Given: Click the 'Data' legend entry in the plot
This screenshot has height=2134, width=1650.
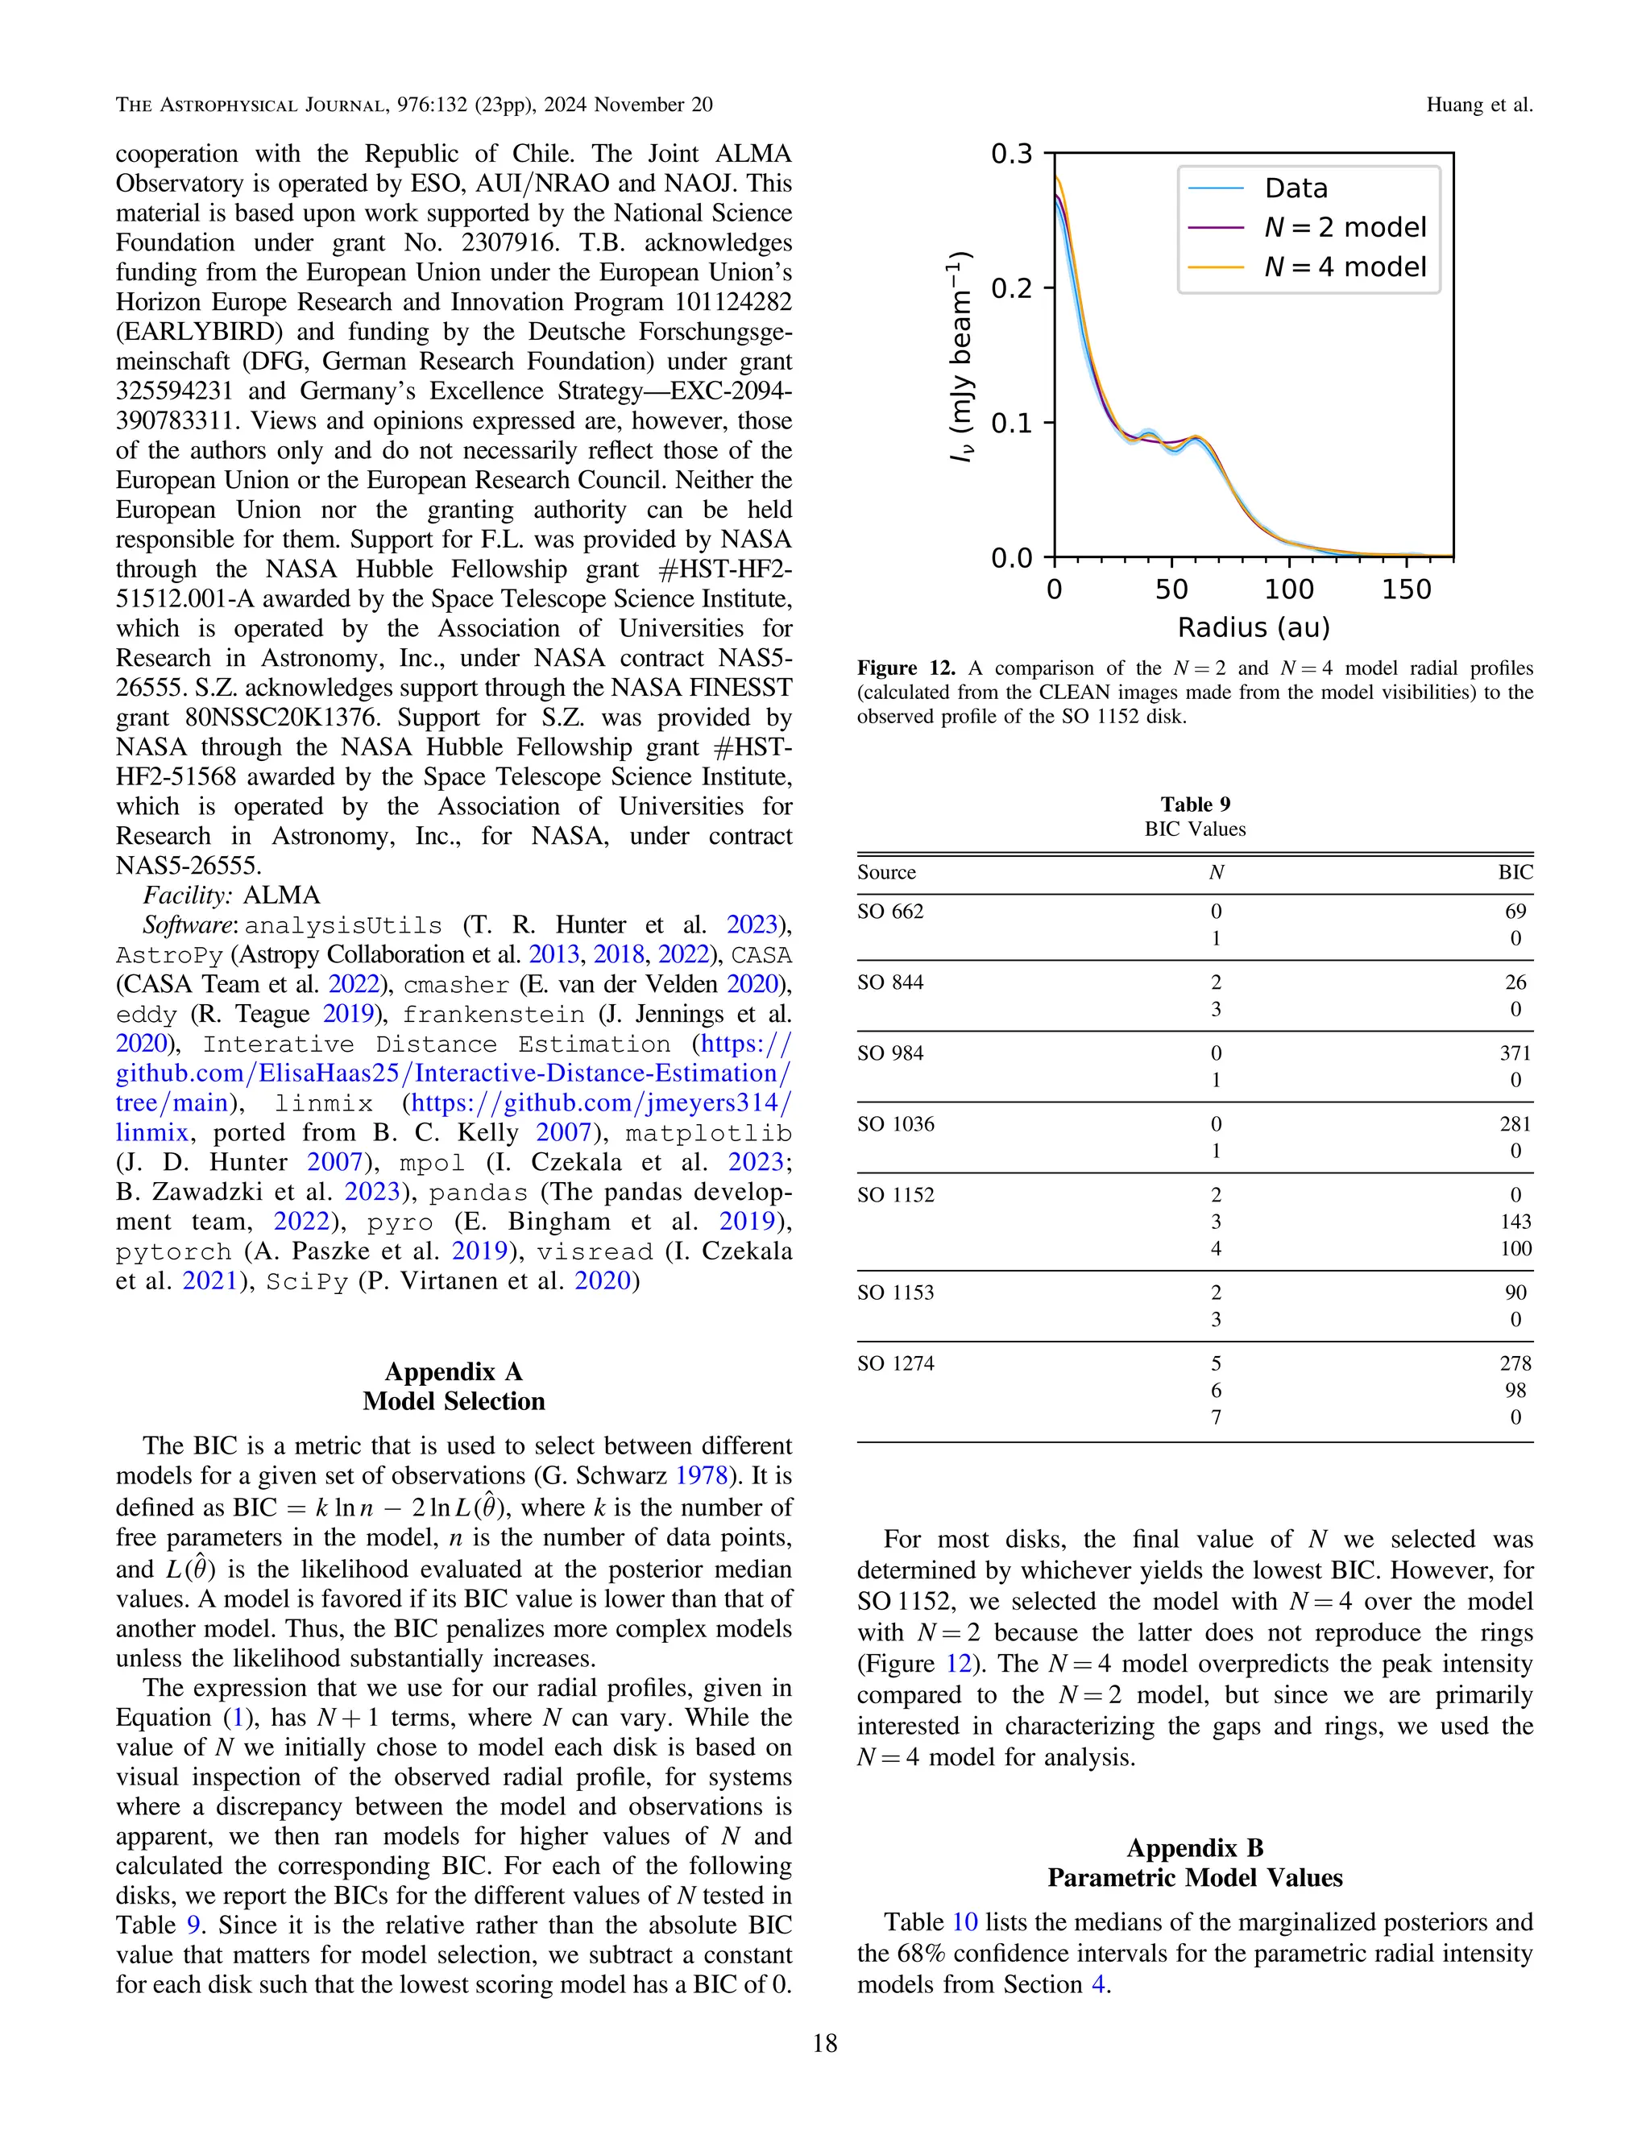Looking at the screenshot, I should [x=1296, y=188].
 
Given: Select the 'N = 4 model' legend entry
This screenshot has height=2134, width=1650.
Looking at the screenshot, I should [x=1344, y=267].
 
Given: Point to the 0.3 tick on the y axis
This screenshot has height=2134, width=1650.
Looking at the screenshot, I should [x=1012, y=155].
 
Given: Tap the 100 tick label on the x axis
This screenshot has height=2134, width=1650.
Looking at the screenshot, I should [x=1288, y=589].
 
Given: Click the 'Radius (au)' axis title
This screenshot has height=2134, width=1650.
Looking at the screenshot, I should [x=1253, y=627].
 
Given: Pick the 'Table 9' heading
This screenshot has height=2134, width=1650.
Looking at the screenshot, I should [x=1195, y=804].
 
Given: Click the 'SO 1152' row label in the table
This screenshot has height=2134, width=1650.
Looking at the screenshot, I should [x=895, y=1195].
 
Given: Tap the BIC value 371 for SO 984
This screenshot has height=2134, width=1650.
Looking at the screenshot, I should [x=1514, y=1053].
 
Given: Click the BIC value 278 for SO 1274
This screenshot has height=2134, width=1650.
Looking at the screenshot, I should [x=1514, y=1363].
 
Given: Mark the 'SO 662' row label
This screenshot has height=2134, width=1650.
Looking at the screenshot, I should [x=889, y=912].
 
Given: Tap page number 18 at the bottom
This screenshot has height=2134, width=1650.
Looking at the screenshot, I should [x=824, y=2043].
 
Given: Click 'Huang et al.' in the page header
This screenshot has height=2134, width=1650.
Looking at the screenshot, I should [x=1479, y=105].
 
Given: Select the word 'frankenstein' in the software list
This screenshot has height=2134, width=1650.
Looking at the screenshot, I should [x=494, y=1014].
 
